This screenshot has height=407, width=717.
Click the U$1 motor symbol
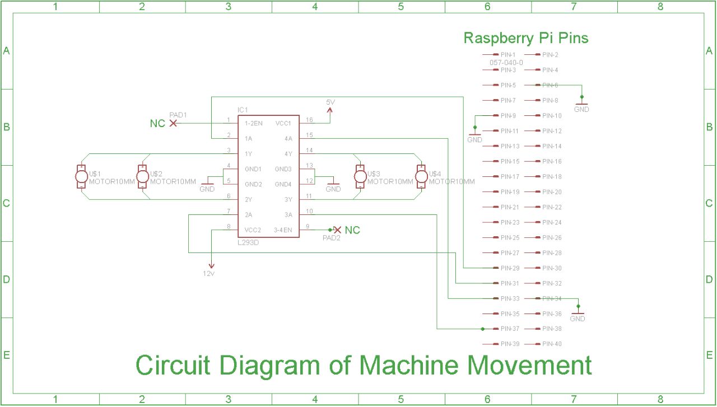pyautogui.click(x=82, y=177)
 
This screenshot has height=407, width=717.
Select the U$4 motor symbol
pyautogui.click(x=422, y=177)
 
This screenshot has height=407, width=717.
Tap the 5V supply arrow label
pyautogui.click(x=331, y=102)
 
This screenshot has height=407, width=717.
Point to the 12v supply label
pyautogui.click(x=209, y=273)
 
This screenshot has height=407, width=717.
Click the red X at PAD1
pyautogui.click(x=173, y=123)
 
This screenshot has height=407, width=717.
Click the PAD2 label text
pyautogui.click(x=331, y=238)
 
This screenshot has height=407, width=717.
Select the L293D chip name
pyautogui.click(x=248, y=243)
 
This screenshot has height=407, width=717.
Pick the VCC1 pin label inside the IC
pyautogui.click(x=283, y=123)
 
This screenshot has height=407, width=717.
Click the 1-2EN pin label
pyautogui.click(x=254, y=123)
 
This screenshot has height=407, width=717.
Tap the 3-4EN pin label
pyautogui.click(x=283, y=230)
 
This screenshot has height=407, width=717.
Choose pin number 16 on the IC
pyautogui.click(x=309, y=120)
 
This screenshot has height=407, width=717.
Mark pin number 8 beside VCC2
pyautogui.click(x=228, y=227)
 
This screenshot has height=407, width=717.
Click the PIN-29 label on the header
pyautogui.click(x=510, y=268)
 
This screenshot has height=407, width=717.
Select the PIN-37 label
pyautogui.click(x=510, y=329)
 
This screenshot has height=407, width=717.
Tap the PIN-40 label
pyautogui.click(x=552, y=344)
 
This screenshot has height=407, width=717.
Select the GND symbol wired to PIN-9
pyautogui.click(x=474, y=136)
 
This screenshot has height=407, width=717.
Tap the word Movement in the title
pyautogui.click(x=529, y=366)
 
